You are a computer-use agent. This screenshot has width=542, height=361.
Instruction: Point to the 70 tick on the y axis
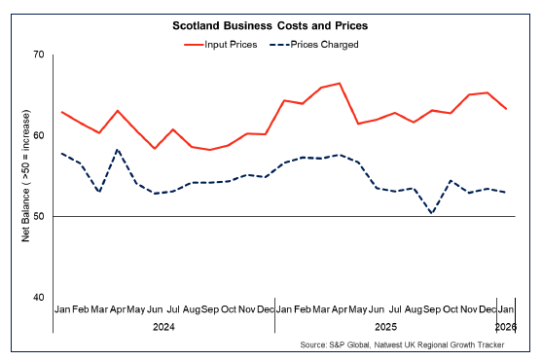pyautogui.click(x=39, y=54)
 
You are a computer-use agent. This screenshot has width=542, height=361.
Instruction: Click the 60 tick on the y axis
pyautogui.click(x=39, y=135)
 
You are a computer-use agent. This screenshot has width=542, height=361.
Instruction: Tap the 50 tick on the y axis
pyautogui.click(x=39, y=216)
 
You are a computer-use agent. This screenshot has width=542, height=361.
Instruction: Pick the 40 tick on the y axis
pyautogui.click(x=39, y=297)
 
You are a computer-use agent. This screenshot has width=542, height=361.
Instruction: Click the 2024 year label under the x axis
pyautogui.click(x=163, y=328)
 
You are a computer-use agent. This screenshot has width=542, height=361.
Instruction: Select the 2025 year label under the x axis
pyautogui.click(x=384, y=328)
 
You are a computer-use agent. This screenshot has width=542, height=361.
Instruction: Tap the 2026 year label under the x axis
pyautogui.click(x=505, y=328)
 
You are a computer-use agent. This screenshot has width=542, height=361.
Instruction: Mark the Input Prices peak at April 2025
pyautogui.click(x=339, y=84)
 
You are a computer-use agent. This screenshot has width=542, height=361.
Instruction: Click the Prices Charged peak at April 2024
pyautogui.click(x=117, y=150)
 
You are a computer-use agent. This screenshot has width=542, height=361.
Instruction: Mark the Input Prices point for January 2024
pyautogui.click(x=61, y=112)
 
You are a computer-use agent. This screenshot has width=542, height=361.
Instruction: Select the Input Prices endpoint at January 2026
pyautogui.click(x=505, y=109)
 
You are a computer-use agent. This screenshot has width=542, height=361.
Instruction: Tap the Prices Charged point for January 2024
pyautogui.click(x=61, y=153)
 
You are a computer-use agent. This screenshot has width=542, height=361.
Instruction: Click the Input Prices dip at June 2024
pyautogui.click(x=154, y=149)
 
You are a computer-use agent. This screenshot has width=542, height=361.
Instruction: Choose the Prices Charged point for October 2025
pyautogui.click(x=450, y=180)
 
